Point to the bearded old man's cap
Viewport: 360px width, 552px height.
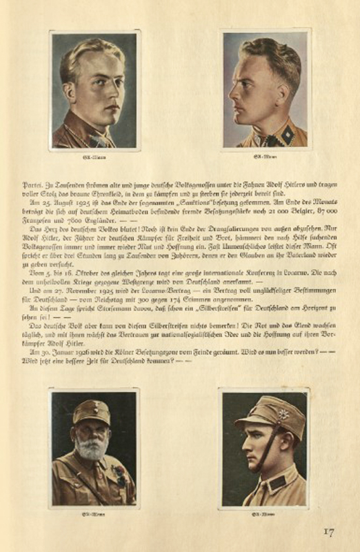click(x=91, y=412)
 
